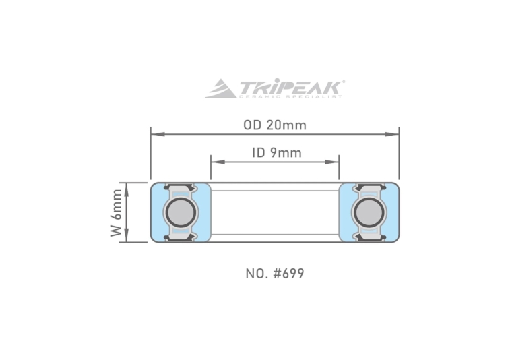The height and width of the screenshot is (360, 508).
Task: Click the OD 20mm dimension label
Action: click(x=275, y=125)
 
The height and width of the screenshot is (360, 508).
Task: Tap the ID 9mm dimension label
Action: click(x=277, y=153)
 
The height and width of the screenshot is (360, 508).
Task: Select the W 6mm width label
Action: click(x=117, y=213)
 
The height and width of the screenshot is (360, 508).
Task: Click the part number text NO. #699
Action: click(x=275, y=274)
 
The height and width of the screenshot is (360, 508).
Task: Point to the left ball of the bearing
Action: click(x=180, y=212)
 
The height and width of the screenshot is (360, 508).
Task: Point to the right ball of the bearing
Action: click(x=369, y=212)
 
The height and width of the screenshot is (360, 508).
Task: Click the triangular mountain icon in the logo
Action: click(x=220, y=88)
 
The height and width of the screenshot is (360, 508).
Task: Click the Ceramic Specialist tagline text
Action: click(x=290, y=96)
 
